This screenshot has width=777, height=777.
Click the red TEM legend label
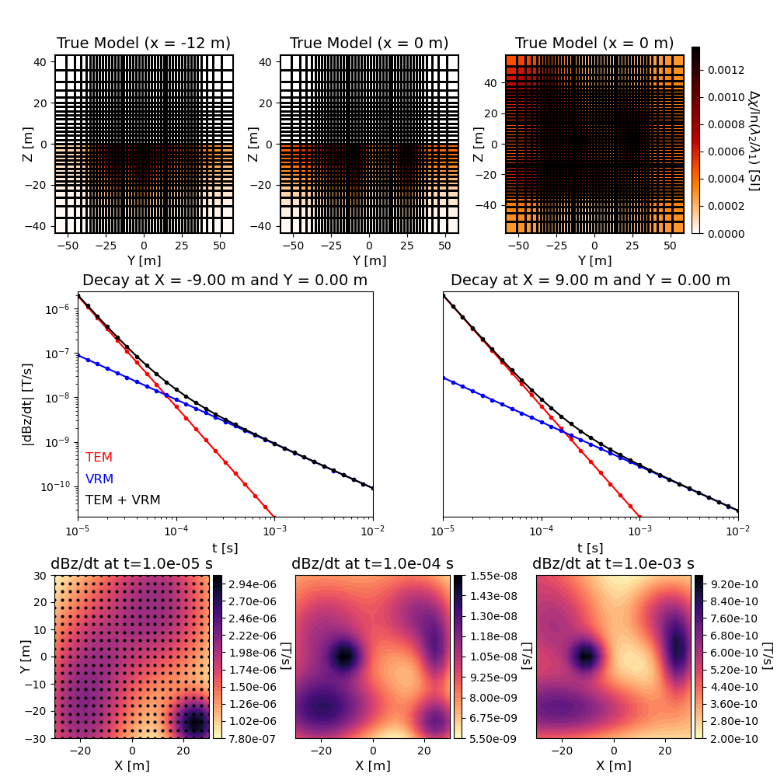click(x=98, y=458)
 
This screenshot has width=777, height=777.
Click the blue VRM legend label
click(x=99, y=479)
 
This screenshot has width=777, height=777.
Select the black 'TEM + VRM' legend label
click(x=123, y=500)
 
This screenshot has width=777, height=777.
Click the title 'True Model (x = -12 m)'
click(x=144, y=44)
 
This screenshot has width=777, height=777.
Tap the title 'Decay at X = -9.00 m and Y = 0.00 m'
click(x=225, y=280)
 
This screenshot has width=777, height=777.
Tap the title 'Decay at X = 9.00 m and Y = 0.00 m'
click(x=590, y=280)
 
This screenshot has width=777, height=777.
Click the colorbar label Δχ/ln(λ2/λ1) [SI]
click(x=754, y=140)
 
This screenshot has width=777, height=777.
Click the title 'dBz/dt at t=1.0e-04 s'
click(x=372, y=563)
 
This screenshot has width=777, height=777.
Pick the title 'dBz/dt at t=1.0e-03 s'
click(x=613, y=563)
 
